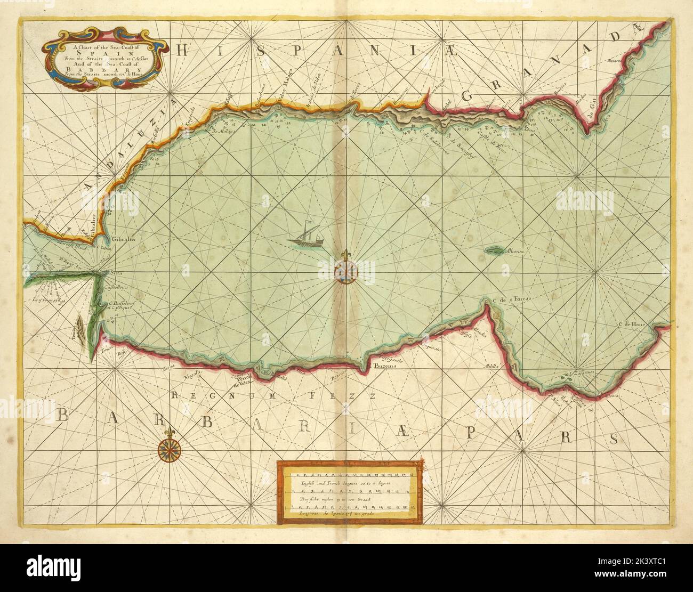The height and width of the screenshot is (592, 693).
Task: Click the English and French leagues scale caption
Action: click(349, 482)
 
